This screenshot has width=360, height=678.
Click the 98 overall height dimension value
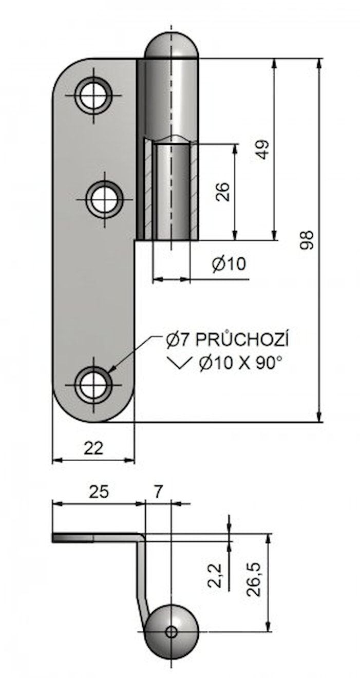pos(306,240)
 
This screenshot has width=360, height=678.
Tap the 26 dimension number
pos(223,192)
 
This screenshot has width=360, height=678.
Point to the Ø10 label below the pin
pos(229,263)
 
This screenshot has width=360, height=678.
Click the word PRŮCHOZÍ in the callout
pos(241,340)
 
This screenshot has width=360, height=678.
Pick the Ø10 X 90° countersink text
pos(240,363)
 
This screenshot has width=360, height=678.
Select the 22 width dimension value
pos(93,448)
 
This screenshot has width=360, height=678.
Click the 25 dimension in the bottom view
pos(99,492)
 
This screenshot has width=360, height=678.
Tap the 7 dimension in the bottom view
pos(158,492)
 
